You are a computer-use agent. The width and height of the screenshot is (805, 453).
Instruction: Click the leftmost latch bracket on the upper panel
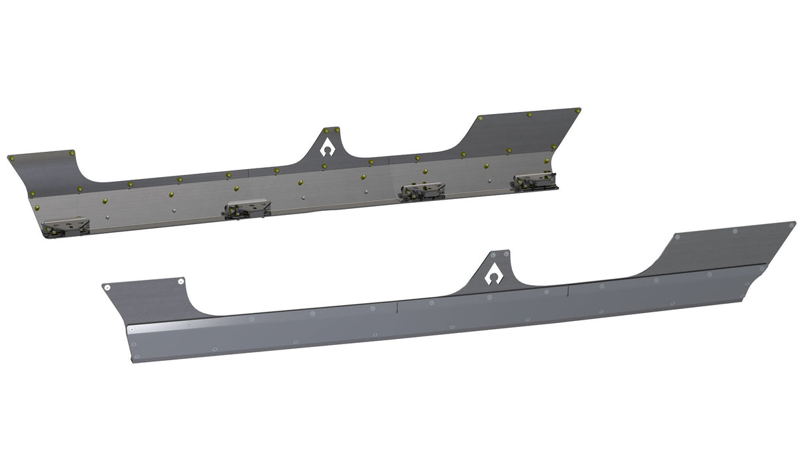(x=65, y=227)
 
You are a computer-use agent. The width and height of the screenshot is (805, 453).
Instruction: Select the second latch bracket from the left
(x=247, y=209)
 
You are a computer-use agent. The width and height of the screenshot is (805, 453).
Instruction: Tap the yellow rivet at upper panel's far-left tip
(x=11, y=159)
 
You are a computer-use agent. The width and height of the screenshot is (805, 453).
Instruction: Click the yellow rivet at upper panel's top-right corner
(x=578, y=109)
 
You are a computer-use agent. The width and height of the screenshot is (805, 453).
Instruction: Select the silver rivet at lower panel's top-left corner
(x=106, y=287)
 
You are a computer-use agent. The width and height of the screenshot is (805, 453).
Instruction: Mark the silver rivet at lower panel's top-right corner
(x=791, y=226)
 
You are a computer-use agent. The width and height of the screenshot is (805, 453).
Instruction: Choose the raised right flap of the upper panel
(x=524, y=133)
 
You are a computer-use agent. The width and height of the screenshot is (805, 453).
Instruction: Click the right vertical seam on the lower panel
(x=568, y=291)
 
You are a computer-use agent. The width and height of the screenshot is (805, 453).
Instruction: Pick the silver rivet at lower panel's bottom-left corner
(x=137, y=357)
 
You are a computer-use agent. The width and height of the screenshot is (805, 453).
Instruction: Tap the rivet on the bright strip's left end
(x=131, y=329)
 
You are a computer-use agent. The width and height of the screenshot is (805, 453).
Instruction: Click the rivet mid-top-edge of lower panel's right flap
(x=734, y=231)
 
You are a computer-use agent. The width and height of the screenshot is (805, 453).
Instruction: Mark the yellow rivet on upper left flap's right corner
(x=71, y=153)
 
